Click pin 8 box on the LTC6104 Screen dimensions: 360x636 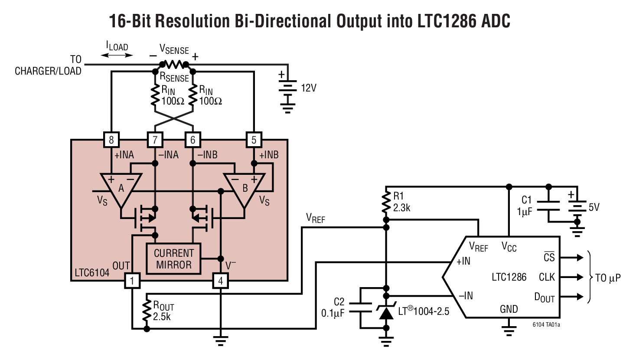(x=111, y=140)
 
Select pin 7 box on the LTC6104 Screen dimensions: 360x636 (x=155, y=140)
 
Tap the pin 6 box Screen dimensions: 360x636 (x=192, y=140)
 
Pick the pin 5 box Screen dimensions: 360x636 (x=254, y=140)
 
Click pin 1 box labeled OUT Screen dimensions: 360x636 (x=132, y=281)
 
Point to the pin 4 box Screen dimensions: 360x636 (x=220, y=281)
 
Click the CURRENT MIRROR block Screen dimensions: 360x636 (x=174, y=259)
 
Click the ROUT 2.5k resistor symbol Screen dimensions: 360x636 (x=147, y=311)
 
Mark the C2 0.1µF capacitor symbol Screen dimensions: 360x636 (x=360, y=308)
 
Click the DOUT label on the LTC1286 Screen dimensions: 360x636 (x=544, y=298)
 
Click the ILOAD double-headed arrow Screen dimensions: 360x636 (x=117, y=55)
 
